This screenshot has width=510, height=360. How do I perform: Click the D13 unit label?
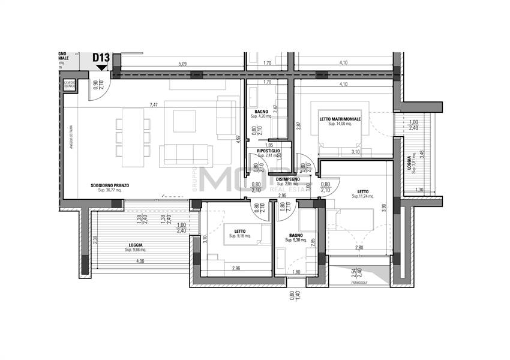pos(101,58)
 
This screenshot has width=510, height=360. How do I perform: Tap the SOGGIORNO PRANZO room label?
pos(110,185)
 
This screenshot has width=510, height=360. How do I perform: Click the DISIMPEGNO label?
pos(288,179)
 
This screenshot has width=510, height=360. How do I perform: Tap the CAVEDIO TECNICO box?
pos(69,85)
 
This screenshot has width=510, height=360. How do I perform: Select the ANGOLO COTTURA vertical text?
pos(71,145)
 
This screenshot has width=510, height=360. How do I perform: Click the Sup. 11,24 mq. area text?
pos(364,196)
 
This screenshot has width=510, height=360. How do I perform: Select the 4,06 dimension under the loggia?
pos(139,261)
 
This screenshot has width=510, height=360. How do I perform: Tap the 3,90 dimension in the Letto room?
pos(384,208)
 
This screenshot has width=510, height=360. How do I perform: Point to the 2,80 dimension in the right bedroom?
pos(358,247)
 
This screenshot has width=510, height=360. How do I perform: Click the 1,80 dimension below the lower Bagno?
pos(296,271)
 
